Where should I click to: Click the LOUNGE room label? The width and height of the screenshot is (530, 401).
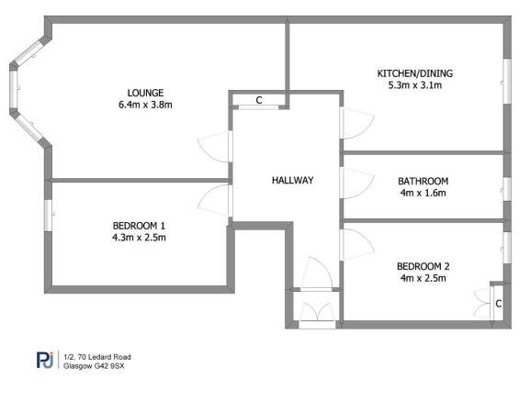[145, 92]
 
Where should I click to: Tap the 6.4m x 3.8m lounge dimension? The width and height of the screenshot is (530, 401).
[145, 105]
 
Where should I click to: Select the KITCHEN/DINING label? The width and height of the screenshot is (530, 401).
[415, 73]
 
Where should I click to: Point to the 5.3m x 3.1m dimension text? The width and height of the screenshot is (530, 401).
[415, 86]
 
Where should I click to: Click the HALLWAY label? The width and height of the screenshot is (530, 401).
[293, 180]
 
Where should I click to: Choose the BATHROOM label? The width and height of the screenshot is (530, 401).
[423, 181]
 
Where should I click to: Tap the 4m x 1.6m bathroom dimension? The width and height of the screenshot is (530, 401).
[423, 194]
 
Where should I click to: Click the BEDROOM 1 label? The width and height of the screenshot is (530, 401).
[140, 226]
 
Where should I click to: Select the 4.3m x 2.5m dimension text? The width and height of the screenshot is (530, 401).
[140, 239]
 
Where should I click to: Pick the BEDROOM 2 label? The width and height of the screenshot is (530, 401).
[423, 266]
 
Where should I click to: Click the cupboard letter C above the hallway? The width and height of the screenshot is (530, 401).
[259, 100]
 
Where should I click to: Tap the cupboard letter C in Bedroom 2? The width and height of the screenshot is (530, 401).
[498, 302]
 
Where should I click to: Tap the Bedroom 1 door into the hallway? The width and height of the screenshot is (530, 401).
[215, 199]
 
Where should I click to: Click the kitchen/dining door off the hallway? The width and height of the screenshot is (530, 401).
[354, 122]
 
